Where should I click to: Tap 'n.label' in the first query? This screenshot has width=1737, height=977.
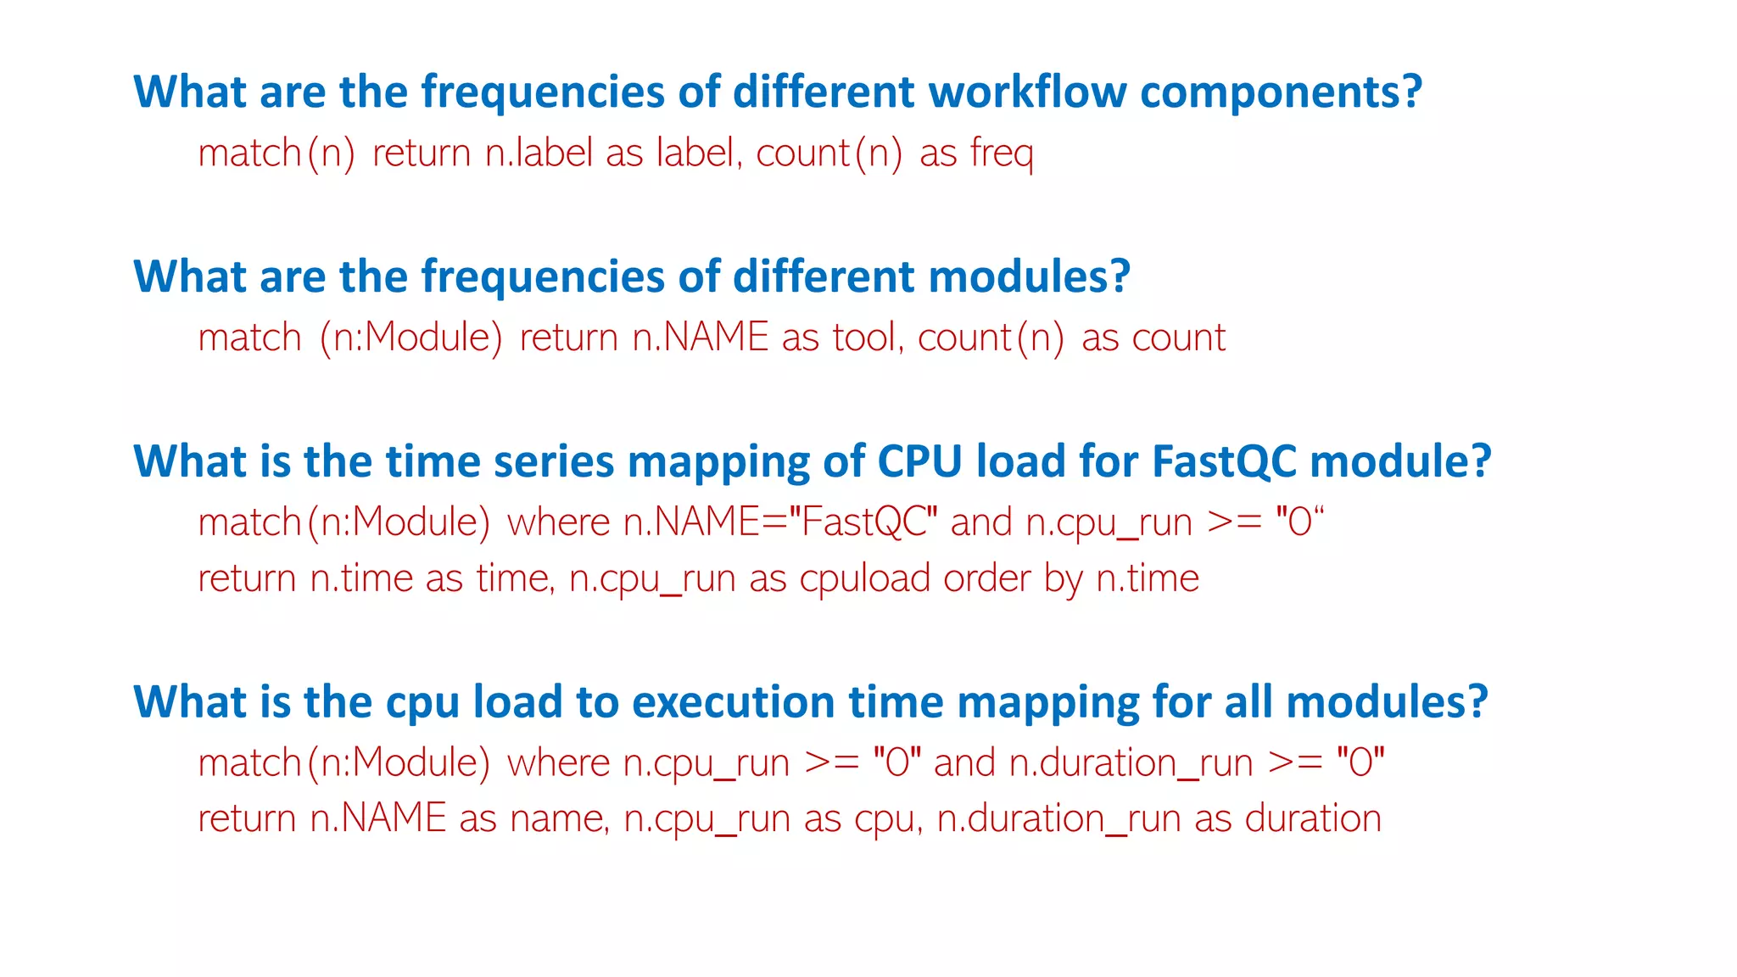pos(539,154)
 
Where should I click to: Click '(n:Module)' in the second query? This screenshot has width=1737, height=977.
pos(411,338)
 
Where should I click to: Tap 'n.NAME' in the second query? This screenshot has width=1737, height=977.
pos(701,338)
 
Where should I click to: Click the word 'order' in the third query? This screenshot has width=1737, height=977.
pos(986,578)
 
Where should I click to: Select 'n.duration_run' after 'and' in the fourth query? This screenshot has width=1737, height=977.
pos(1131,763)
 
